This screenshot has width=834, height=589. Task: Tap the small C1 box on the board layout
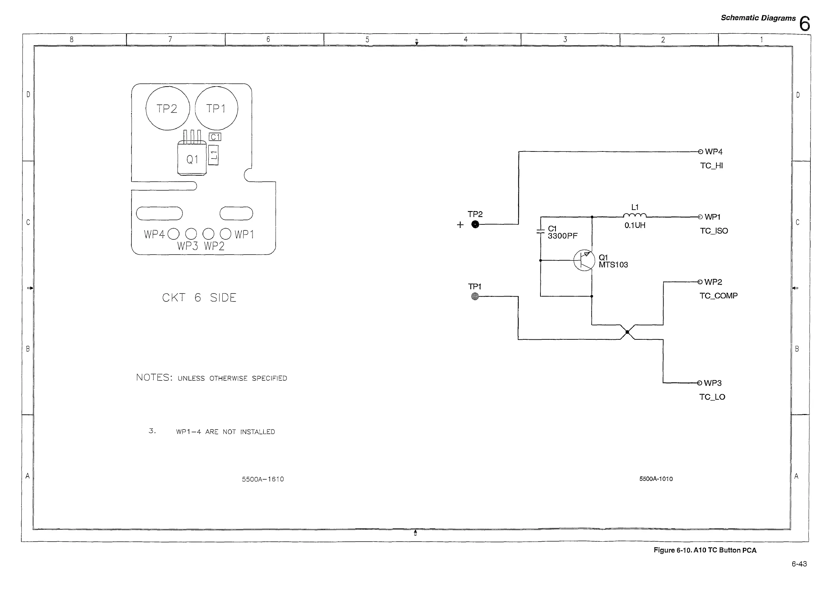coord(215,137)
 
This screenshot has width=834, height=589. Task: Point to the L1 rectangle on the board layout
coord(214,155)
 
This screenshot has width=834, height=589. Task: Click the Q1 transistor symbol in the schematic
coord(584,260)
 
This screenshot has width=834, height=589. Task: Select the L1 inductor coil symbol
coord(634,215)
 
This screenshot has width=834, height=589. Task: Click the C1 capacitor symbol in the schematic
coord(540,231)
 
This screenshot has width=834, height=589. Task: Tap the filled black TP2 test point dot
coord(475,224)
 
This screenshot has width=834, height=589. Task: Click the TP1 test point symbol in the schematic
coord(475,296)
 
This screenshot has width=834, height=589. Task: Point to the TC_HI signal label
coord(711,165)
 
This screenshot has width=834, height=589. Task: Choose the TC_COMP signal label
coord(719,296)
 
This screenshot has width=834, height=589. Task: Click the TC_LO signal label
coord(712,397)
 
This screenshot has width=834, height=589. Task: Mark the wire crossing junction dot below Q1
coord(627,332)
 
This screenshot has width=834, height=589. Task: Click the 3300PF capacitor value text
coord(562,236)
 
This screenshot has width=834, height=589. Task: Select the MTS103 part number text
coord(613,265)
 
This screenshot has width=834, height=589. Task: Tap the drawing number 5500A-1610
coord(263,479)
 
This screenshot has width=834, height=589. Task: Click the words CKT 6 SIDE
coord(200,297)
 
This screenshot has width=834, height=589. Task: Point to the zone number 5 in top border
coord(367,39)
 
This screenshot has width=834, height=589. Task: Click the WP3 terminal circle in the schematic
coord(699,383)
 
